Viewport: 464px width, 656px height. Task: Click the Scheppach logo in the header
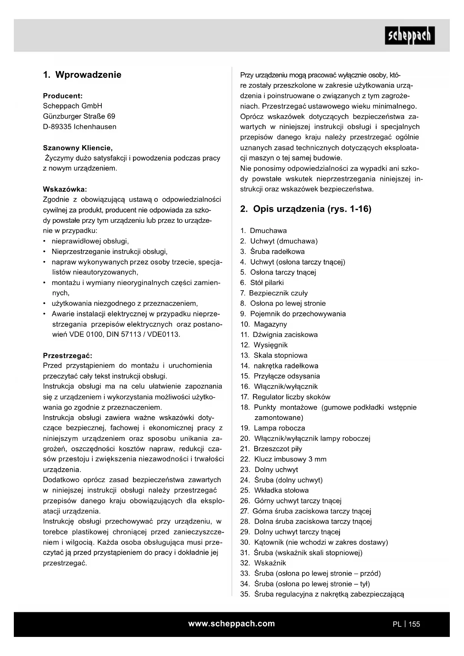[x=409, y=36]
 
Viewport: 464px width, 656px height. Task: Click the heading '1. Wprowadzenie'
[x=82, y=75]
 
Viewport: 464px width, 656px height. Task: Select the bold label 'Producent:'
[x=63, y=96]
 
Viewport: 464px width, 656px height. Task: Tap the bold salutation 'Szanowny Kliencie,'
[x=78, y=148]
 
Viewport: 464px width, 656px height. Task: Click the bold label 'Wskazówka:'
[x=65, y=189]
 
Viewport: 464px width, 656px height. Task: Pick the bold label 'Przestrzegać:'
[x=67, y=355]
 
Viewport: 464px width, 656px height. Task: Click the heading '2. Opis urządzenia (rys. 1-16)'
[x=305, y=209]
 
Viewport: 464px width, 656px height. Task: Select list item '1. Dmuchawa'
[x=264, y=231]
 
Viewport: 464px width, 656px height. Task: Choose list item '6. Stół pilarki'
[x=262, y=283]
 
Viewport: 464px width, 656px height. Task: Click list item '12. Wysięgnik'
[x=264, y=345]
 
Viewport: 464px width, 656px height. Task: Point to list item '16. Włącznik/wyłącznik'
[x=279, y=387]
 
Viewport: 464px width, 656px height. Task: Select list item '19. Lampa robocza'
[x=273, y=428]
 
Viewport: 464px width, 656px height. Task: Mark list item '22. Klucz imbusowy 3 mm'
[x=283, y=459]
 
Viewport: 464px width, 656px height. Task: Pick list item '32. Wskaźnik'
[x=263, y=563]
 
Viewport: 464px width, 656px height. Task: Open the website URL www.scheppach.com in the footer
[x=231, y=624]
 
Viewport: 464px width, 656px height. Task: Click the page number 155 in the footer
[x=414, y=624]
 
